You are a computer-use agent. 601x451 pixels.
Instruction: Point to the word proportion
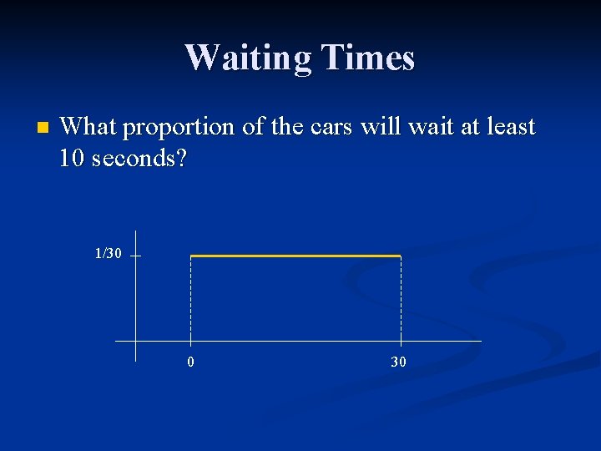178,127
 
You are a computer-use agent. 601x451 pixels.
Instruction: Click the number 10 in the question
74,157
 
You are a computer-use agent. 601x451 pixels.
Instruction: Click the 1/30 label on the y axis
108,253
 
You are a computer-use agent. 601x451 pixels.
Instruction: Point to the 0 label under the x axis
191,362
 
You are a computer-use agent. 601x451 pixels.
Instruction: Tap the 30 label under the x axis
399,362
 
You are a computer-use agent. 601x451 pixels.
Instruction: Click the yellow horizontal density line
296,256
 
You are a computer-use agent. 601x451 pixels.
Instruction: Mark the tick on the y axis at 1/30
135,256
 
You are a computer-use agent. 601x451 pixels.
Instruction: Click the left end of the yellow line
193,256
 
